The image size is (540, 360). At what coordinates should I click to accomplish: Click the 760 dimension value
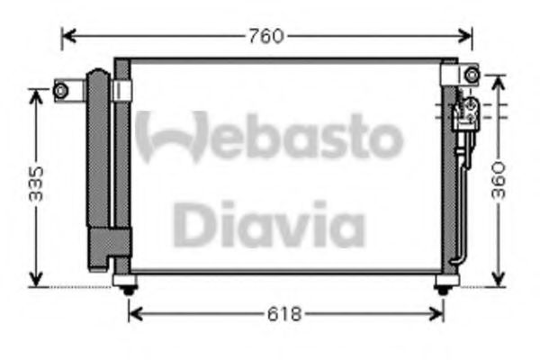coord(267,37)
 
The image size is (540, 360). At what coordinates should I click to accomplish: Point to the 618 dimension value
coord(285,314)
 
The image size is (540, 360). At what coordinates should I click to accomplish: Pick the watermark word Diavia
coord(268,224)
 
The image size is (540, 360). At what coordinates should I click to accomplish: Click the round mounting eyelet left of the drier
coord(61,90)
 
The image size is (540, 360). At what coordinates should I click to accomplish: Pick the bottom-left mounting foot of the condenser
coord(128,286)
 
